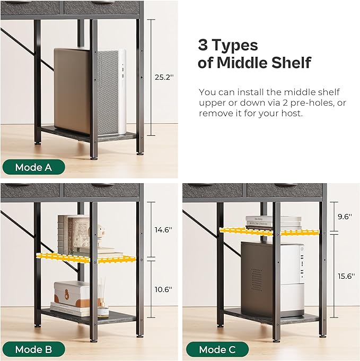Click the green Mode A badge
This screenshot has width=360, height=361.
(x=33, y=167)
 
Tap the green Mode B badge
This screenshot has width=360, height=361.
(x=33, y=349)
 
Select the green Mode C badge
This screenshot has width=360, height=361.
(x=217, y=349)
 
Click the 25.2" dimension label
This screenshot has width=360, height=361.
(x=164, y=77)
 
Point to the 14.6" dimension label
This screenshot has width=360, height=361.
(x=163, y=229)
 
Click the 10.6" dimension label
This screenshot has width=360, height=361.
(x=163, y=289)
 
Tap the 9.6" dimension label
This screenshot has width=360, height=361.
(x=345, y=217)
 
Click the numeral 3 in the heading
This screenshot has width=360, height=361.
(x=203, y=45)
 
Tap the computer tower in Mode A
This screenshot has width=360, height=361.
(x=90, y=92)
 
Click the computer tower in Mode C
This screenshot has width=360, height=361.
(x=273, y=279)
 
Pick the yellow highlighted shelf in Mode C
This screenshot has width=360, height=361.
(x=269, y=231)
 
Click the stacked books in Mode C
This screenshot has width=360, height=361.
(x=274, y=222)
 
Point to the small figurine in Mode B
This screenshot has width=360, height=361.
(x=97, y=235)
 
